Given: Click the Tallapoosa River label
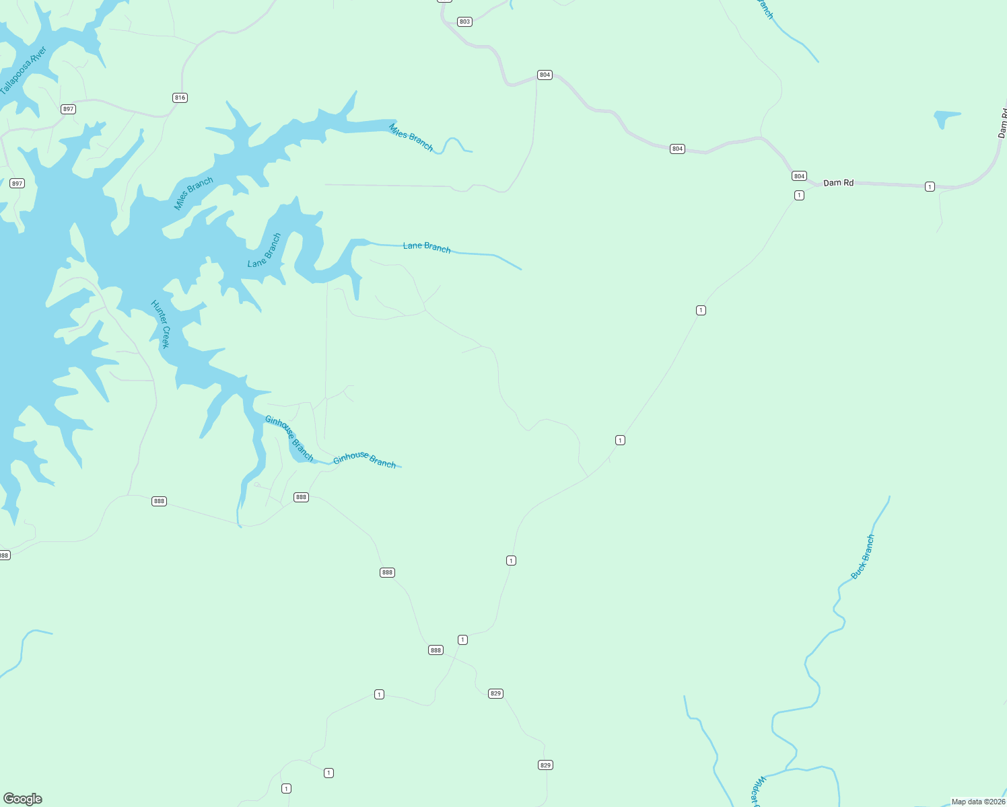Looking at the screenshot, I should pos(24,70).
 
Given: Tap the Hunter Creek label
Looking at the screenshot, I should pos(161,324).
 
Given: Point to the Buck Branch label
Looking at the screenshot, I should pos(863,557).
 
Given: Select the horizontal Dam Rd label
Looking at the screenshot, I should pos(838,183).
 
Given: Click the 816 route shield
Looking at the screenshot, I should pos(180,98).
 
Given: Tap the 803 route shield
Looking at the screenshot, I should pos(464,22).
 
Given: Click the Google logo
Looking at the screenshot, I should pos(23,799).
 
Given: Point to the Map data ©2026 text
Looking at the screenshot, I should pos(977,802).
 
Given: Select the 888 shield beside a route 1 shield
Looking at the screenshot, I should pos(436,650).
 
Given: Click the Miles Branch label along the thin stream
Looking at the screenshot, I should pos(411,137).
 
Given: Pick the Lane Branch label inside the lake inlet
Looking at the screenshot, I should pos(265,250).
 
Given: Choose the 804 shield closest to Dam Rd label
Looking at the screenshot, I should pos(799,176).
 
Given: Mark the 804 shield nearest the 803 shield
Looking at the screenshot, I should pos(545,75).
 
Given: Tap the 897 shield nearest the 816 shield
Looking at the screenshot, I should pos(68,109).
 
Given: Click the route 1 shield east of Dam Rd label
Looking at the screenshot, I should pos(930,186).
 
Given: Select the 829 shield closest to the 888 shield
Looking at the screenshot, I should pos(495,693).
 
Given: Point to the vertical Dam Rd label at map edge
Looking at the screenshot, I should pos(1002,123).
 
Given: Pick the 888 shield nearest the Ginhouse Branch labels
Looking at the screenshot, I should pos(301,497).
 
